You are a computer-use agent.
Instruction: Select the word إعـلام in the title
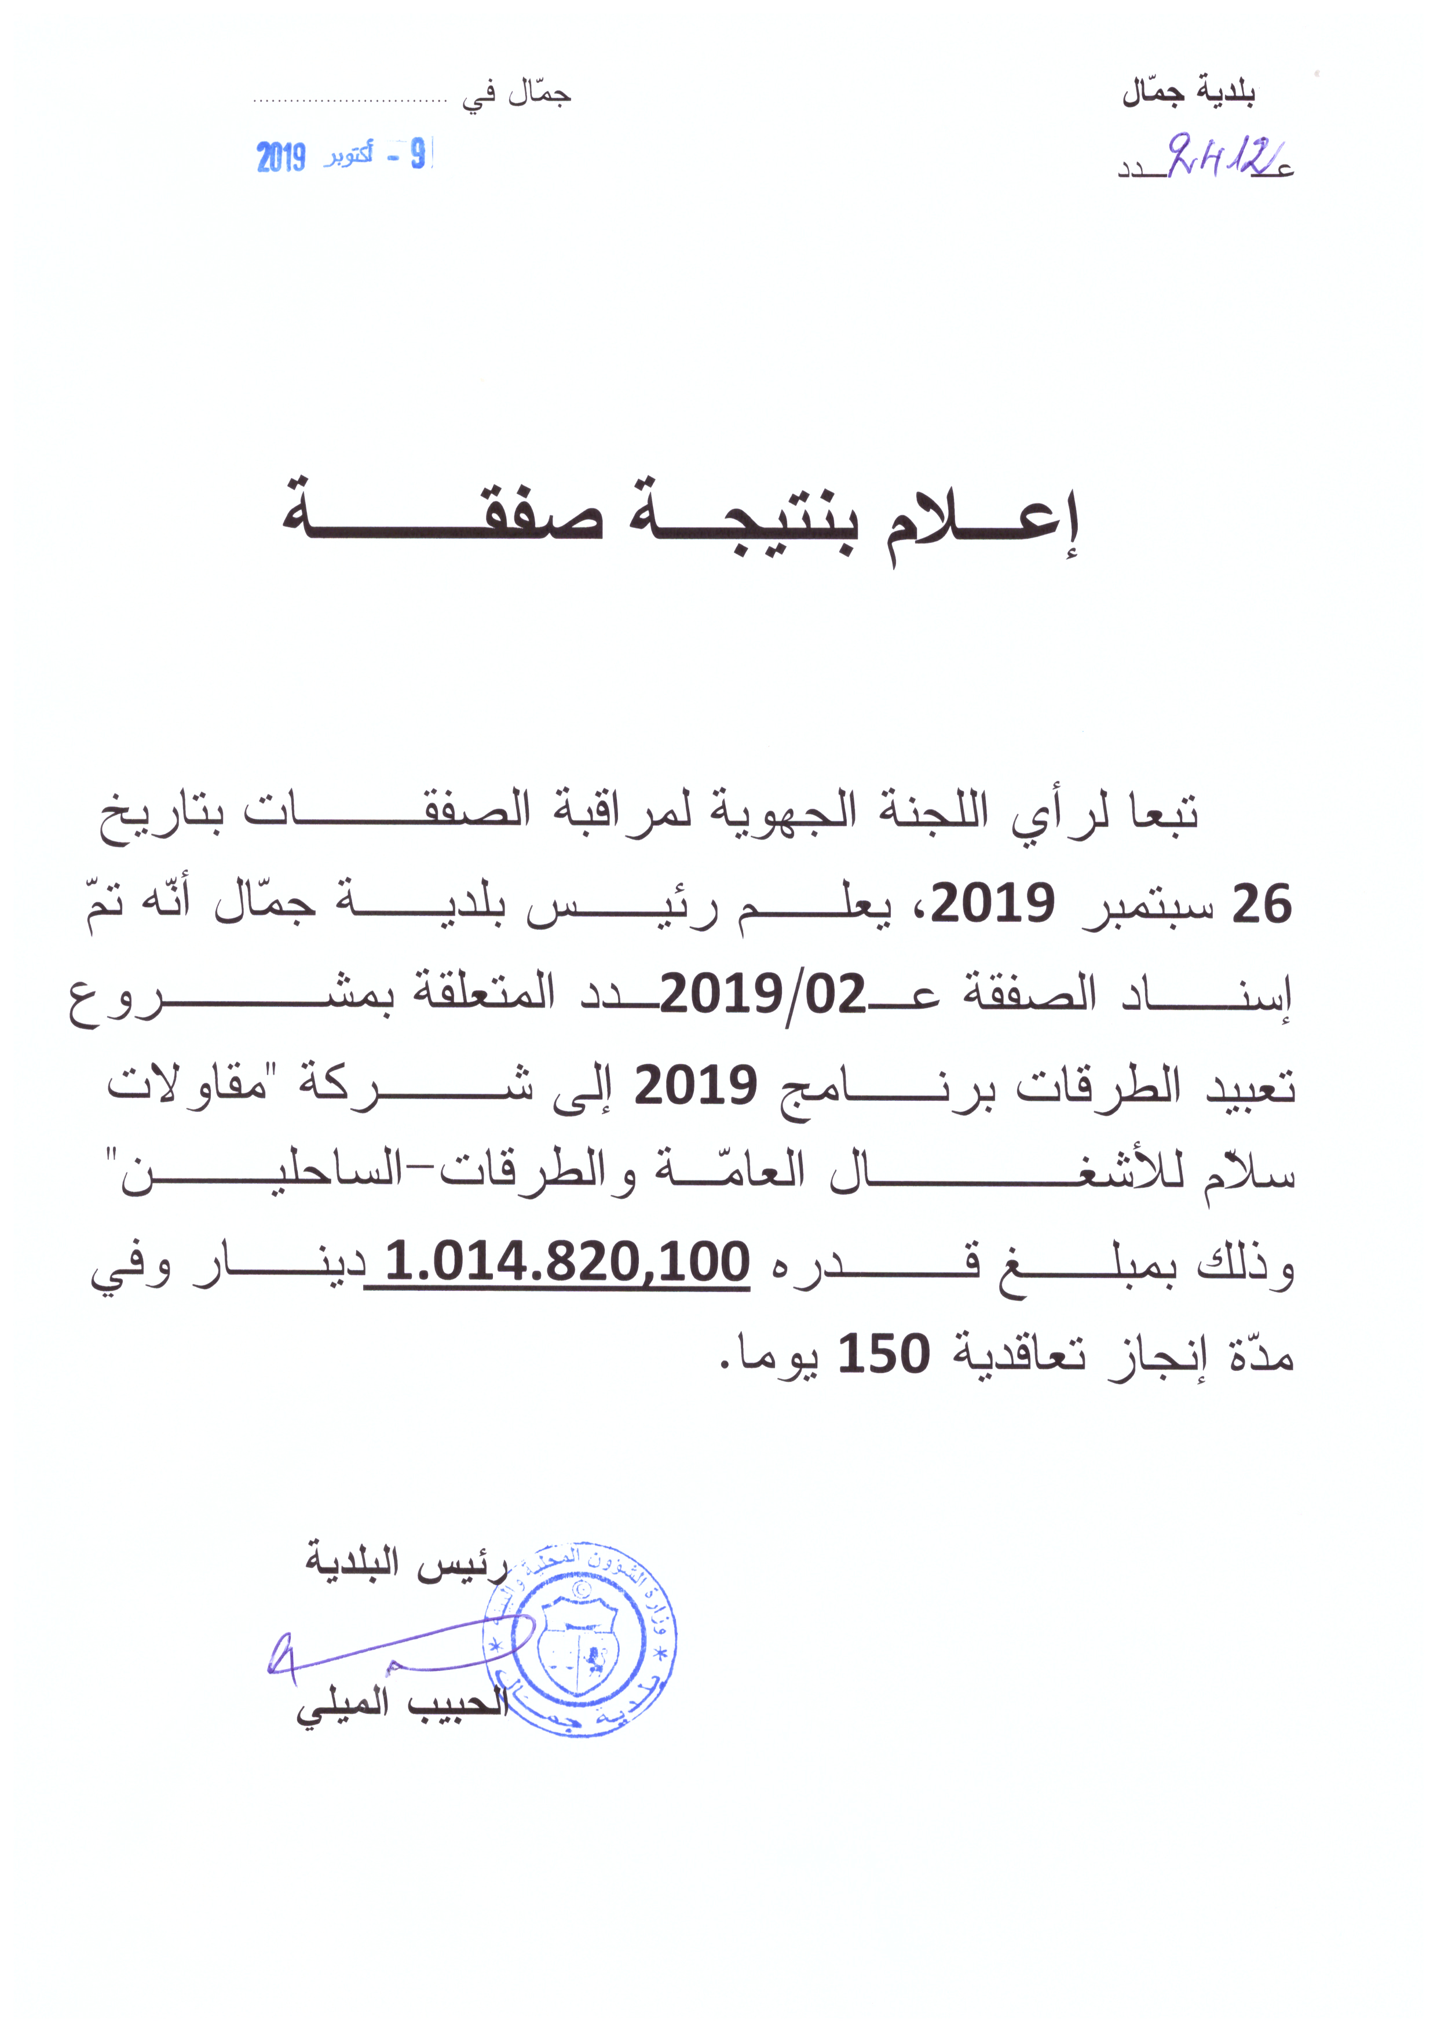[982, 522]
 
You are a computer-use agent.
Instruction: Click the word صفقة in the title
[443, 518]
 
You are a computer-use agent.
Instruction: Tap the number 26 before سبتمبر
[1263, 904]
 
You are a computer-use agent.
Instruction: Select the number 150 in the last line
[883, 1352]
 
